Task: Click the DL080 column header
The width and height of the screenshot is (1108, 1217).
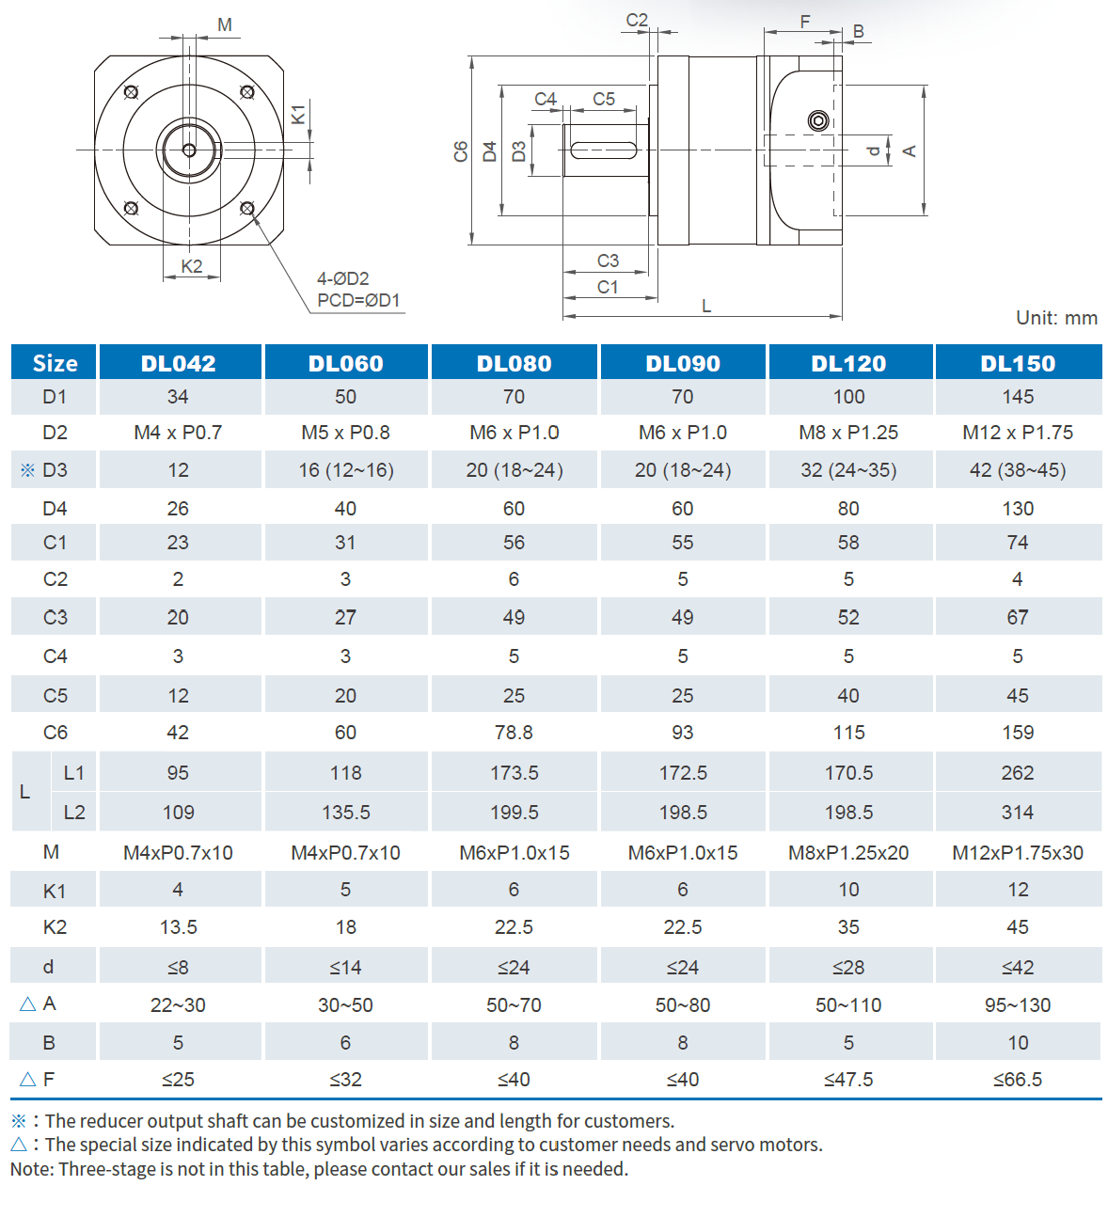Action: click(x=514, y=363)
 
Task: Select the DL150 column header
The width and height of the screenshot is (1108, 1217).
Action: click(x=1018, y=363)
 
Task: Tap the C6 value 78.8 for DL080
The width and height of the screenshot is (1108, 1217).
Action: click(x=514, y=733)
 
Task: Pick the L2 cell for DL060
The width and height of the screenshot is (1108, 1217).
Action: click(x=345, y=812)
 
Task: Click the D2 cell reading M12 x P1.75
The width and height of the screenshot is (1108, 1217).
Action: click(x=1018, y=433)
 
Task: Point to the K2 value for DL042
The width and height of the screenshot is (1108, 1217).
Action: click(x=178, y=927)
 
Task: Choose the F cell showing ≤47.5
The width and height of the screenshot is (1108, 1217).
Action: click(x=848, y=1080)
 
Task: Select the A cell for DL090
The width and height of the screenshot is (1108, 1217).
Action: click(x=682, y=1005)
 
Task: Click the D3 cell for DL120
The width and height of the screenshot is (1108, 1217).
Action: click(x=848, y=470)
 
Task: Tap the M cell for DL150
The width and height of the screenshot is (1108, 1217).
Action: click(x=1018, y=853)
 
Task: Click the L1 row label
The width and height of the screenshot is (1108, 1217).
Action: click(x=74, y=773)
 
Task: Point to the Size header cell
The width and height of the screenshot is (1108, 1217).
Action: click(x=55, y=363)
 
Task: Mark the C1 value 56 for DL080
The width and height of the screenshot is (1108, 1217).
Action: click(x=514, y=543)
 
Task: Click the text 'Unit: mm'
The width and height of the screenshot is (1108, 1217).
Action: click(x=1056, y=318)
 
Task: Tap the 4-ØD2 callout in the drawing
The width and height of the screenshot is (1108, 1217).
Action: click(x=342, y=278)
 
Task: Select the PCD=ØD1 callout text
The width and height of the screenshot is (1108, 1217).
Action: click(x=358, y=301)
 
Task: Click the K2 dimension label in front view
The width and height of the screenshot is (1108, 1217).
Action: click(x=192, y=266)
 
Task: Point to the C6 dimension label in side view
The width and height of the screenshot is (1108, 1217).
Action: click(x=461, y=151)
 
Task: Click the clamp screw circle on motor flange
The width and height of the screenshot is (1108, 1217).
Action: click(x=818, y=120)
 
